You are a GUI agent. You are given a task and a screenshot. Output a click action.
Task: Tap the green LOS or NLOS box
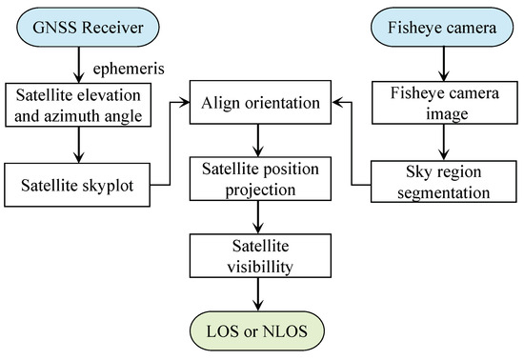(x=256, y=330)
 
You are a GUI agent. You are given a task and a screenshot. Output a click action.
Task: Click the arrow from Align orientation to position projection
(x=256, y=142)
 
